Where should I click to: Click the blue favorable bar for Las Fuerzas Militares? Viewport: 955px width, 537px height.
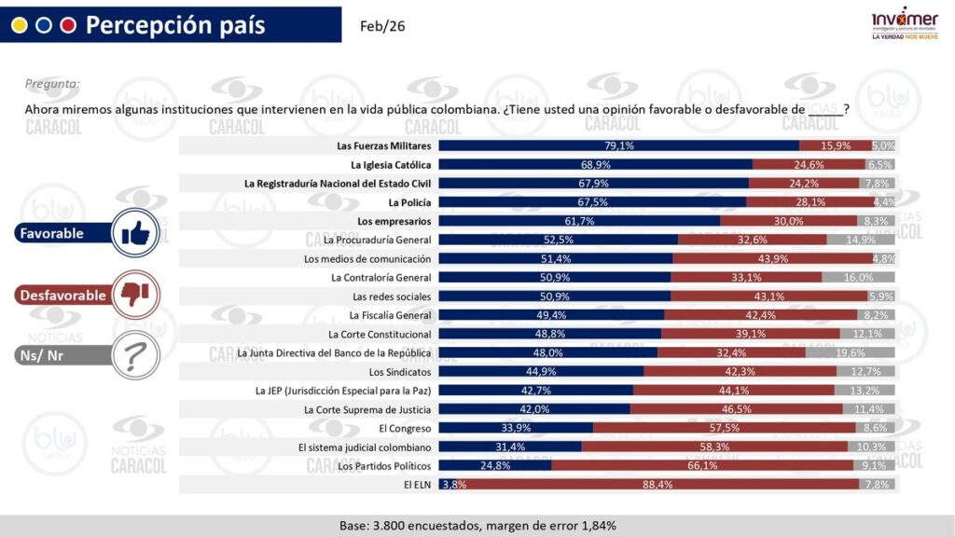(618, 145)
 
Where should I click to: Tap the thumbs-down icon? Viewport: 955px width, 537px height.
(136, 295)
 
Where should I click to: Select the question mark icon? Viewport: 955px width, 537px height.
(136, 355)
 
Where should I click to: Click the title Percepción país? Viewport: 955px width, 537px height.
(175, 25)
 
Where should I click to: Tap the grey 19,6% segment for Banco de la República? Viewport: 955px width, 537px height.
(851, 353)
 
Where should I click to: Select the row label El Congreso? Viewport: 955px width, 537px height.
(405, 428)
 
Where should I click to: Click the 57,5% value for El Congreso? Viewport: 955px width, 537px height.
(724, 428)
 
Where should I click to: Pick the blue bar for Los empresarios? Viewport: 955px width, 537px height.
(578, 221)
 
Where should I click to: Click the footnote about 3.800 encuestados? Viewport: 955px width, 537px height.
(477, 526)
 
